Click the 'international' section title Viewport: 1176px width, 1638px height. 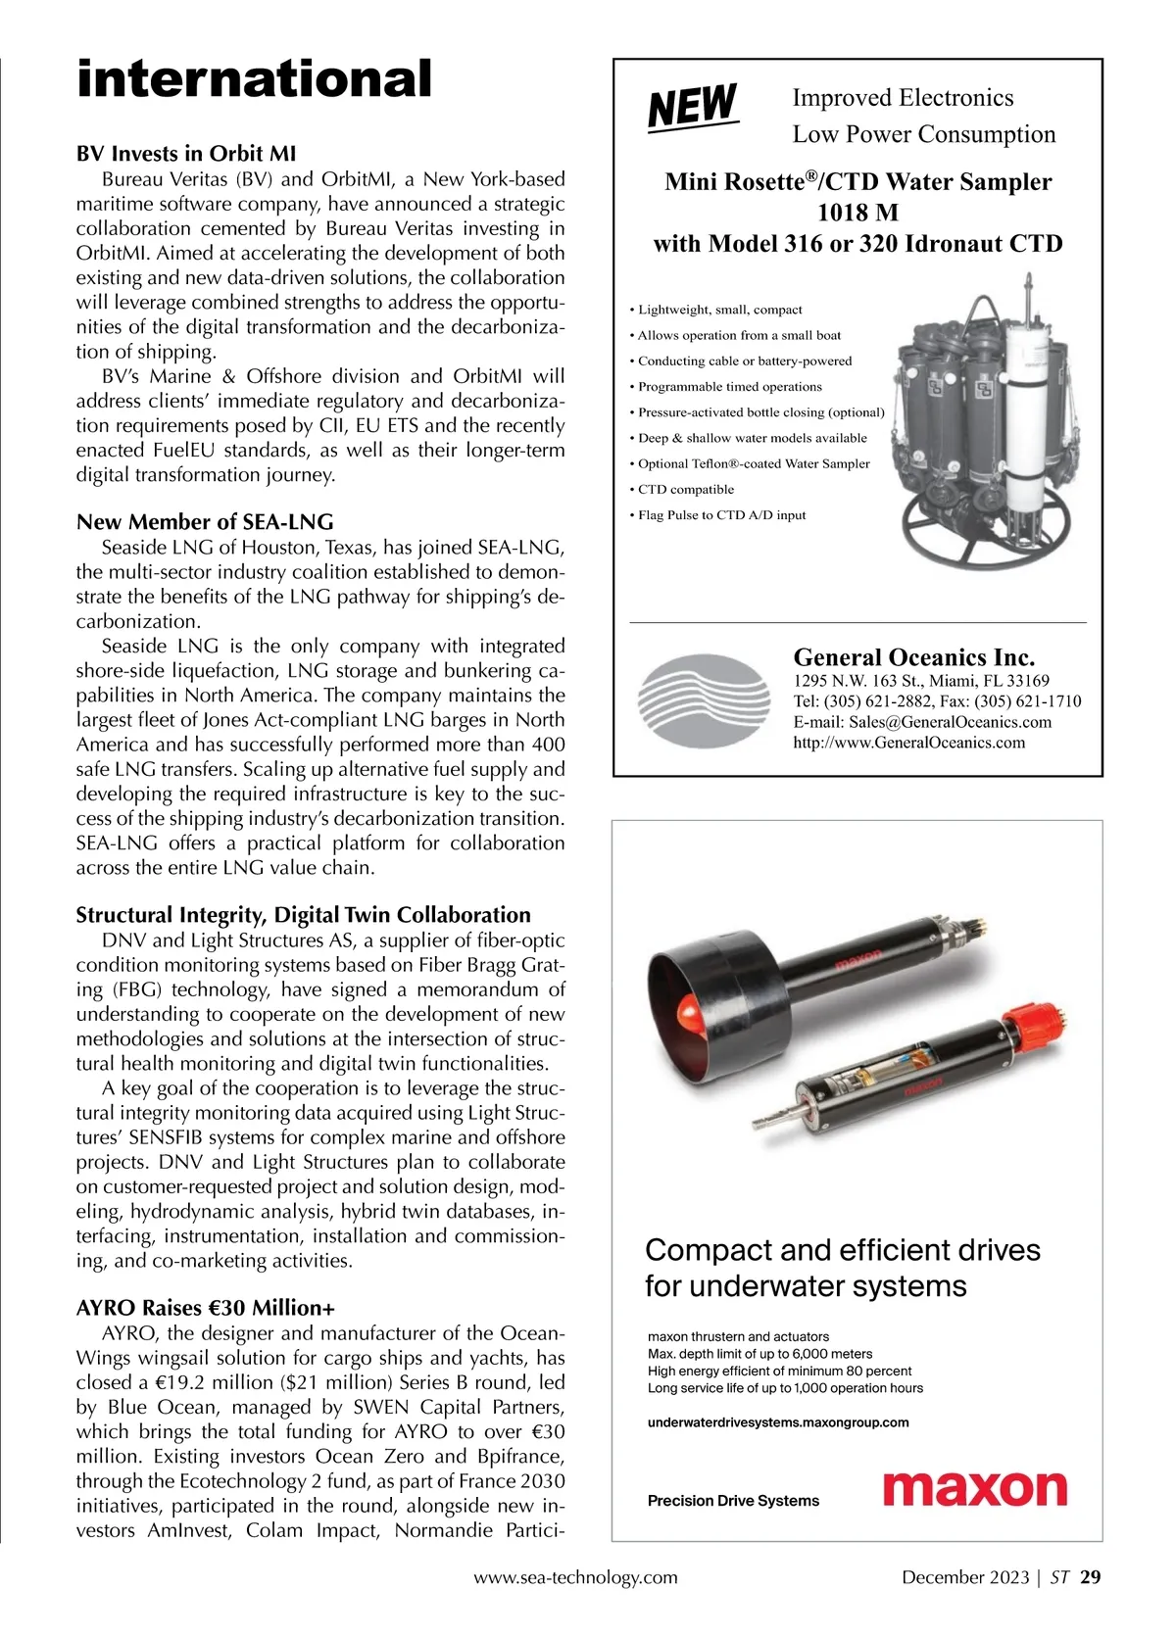(x=254, y=79)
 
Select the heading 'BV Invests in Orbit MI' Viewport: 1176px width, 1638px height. (x=186, y=154)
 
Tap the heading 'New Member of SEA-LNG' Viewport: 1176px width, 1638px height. (x=205, y=521)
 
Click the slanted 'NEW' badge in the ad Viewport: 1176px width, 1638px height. (x=693, y=106)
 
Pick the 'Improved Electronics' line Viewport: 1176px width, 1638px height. (x=903, y=98)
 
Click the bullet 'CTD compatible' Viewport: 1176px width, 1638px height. (x=685, y=490)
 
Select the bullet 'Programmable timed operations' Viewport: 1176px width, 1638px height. (x=729, y=387)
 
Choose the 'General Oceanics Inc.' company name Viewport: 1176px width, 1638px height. (x=913, y=657)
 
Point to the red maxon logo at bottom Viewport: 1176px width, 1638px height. (x=974, y=1489)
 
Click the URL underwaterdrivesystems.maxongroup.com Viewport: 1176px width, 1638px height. (x=778, y=1422)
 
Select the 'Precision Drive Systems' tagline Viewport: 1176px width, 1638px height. (x=733, y=1501)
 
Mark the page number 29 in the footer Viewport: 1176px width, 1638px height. (x=1091, y=1577)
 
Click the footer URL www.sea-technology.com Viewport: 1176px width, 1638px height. (x=575, y=1577)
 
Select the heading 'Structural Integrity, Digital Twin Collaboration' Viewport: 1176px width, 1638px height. (x=303, y=915)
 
